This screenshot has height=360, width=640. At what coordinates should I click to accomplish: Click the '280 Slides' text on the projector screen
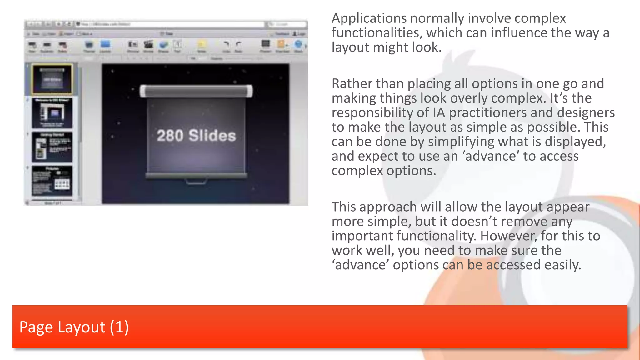pyautogui.click(x=196, y=136)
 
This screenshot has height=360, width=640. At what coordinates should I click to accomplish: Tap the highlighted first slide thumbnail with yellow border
pyautogui.click(x=52, y=79)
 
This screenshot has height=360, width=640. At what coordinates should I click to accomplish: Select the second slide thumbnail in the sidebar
pyautogui.click(x=52, y=113)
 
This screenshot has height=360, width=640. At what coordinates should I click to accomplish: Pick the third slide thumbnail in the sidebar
pyautogui.click(x=52, y=147)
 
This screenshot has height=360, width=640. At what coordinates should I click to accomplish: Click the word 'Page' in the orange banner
pyautogui.click(x=36, y=327)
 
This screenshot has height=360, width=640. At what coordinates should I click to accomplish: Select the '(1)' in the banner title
pyautogui.click(x=119, y=327)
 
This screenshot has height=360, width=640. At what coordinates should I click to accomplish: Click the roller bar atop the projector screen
pyautogui.click(x=196, y=91)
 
